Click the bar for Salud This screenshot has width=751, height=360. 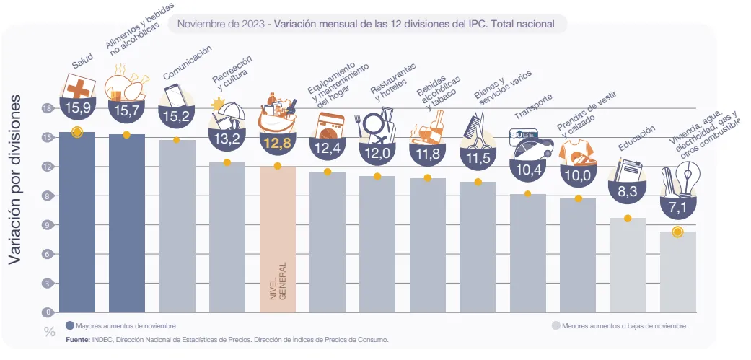click(x=77, y=224)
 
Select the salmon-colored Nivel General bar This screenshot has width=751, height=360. click(x=278, y=238)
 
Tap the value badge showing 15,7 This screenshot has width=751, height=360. click(x=127, y=110)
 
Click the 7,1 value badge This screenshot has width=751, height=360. click(x=677, y=208)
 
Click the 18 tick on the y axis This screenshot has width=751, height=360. click(x=48, y=108)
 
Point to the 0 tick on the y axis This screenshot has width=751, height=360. click(x=48, y=312)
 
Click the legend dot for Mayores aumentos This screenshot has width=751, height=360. click(x=70, y=325)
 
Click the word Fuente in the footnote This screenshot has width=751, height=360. click(x=78, y=339)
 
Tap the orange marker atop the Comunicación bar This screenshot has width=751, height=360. click(x=177, y=140)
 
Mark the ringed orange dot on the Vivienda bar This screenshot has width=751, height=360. click(x=677, y=232)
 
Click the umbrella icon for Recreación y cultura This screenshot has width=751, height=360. click(x=230, y=115)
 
